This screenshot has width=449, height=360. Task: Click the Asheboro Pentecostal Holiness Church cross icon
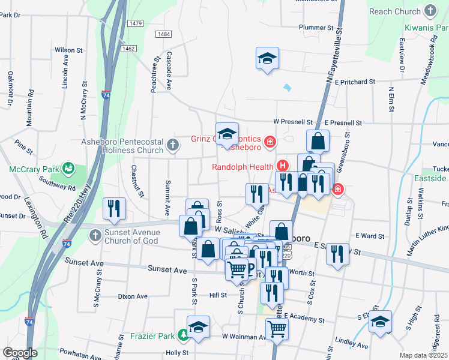(x=173, y=144)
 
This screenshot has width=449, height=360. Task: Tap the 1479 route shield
(x=135, y=23)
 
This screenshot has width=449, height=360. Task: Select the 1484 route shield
(x=163, y=35)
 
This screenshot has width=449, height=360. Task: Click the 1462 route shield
(x=127, y=48)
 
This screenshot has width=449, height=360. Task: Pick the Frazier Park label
(x=152, y=337)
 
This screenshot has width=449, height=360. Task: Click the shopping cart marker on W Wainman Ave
(x=277, y=329)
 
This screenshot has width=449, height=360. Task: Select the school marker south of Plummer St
(x=267, y=59)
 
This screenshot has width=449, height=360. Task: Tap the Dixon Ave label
(x=133, y=296)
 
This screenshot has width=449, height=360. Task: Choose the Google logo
(x=20, y=353)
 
